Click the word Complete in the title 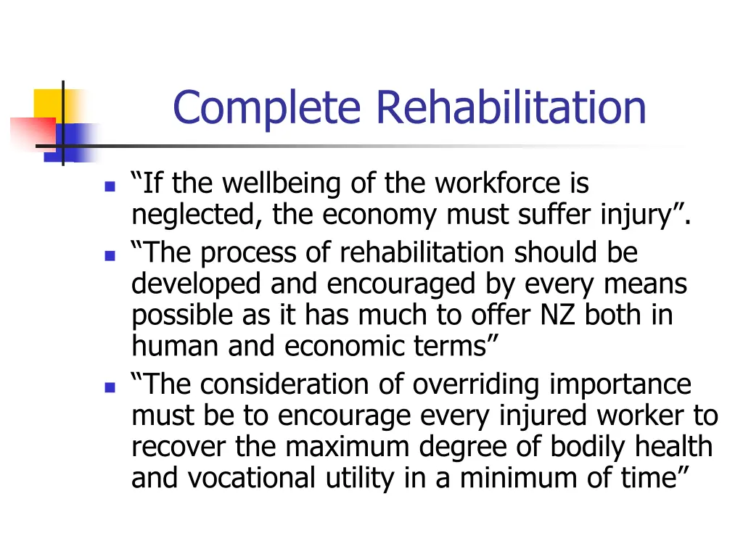tap(266, 107)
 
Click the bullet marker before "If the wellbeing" tap(110, 186)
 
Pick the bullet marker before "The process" tap(110, 255)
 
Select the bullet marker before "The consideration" tap(110, 387)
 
